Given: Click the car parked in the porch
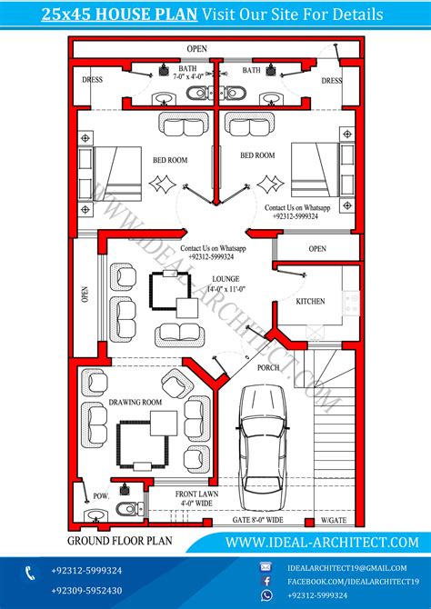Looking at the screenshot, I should coord(265,446).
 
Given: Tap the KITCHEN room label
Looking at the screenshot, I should coord(309,301).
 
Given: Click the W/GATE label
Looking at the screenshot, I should coord(333,521).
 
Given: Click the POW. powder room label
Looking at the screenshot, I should coord(101,496).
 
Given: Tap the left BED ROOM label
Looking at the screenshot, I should coord(169,160).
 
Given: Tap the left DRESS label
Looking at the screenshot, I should coord(94,79).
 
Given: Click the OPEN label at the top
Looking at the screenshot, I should coord(196,47).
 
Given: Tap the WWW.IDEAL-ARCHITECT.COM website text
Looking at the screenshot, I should coord(322,542).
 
